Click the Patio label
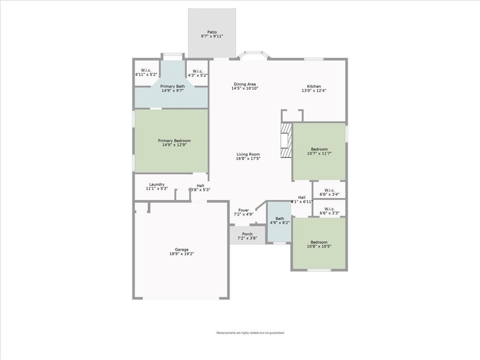[212, 32]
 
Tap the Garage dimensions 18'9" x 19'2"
[182, 254]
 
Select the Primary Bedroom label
[174, 141]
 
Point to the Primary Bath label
[172, 87]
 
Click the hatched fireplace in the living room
[285, 142]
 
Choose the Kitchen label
[314, 87]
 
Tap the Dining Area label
[245, 84]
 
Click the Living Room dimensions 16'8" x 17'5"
[248, 159]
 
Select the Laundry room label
[157, 184]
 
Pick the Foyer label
[244, 210]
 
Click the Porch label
[247, 234]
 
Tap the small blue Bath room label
[279, 218]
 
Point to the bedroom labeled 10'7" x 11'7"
[319, 151]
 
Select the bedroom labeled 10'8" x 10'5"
[319, 244]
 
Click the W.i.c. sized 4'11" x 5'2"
[146, 71]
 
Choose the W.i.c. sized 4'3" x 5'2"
[198, 71]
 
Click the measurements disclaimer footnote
[250, 333]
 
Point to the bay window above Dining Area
[253, 55]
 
